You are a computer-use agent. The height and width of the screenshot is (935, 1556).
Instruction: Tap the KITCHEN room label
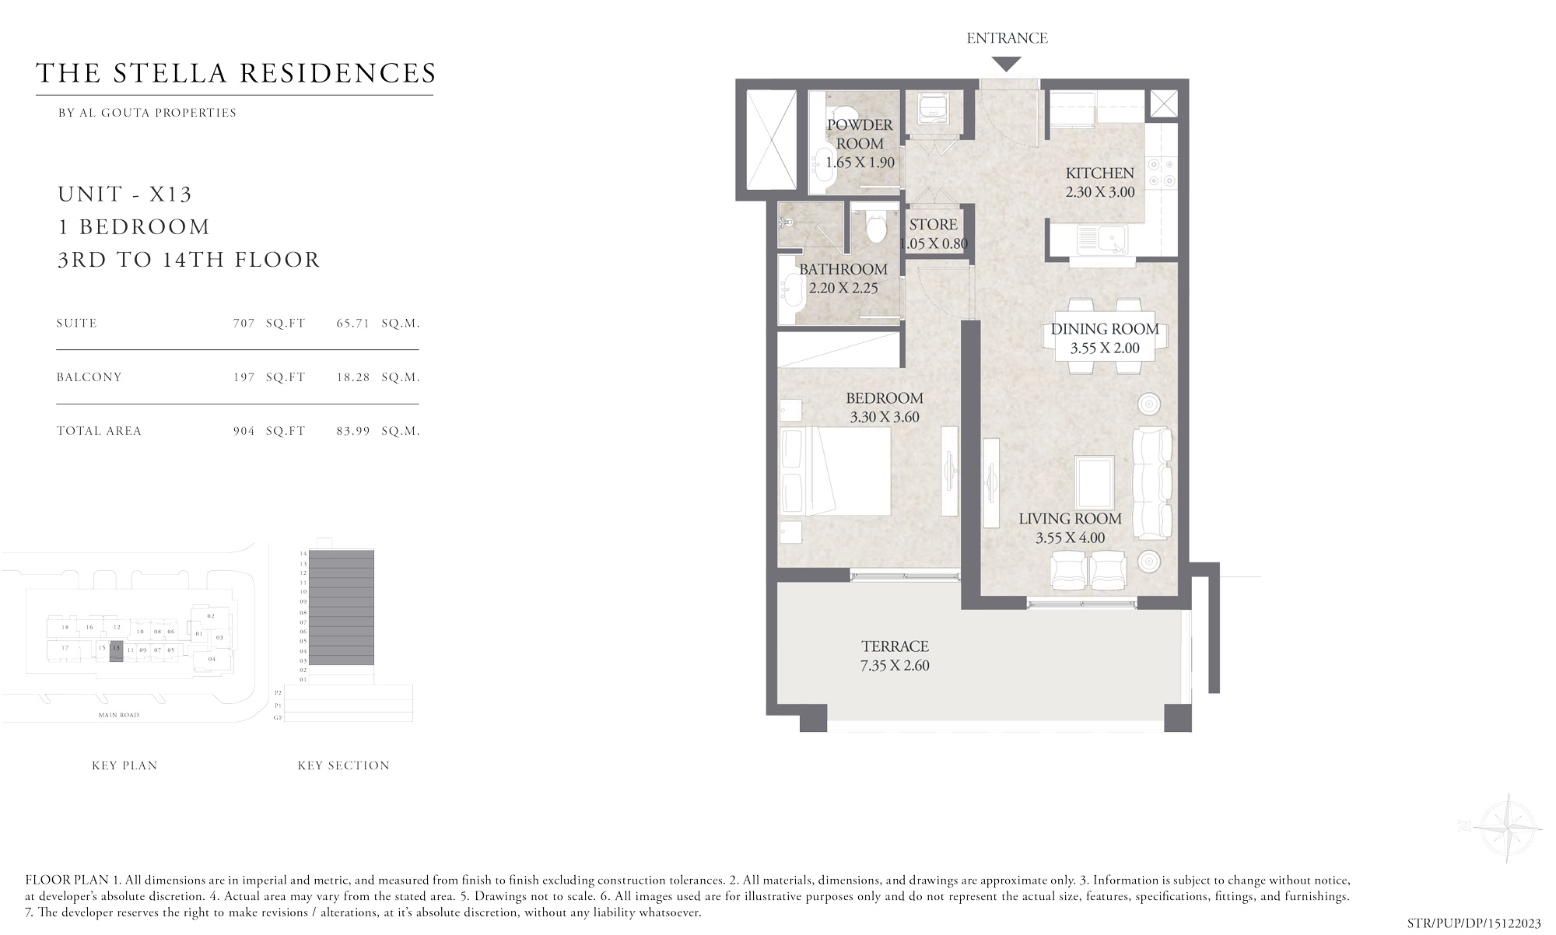click(1099, 173)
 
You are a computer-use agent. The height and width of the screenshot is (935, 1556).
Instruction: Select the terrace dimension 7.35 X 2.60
click(895, 665)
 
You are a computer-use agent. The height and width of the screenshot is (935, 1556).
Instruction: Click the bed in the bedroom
click(836, 470)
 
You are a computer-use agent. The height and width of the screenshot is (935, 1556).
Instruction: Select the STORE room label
click(933, 224)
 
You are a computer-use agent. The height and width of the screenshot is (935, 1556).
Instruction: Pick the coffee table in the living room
click(1094, 481)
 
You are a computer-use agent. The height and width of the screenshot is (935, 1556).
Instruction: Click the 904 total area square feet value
click(244, 431)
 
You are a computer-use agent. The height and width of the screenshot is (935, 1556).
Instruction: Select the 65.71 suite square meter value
click(352, 323)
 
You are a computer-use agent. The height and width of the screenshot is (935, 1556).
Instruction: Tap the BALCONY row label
click(89, 377)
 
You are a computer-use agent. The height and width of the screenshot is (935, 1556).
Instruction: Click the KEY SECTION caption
click(343, 765)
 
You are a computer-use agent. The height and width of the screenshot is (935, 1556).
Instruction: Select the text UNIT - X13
click(124, 194)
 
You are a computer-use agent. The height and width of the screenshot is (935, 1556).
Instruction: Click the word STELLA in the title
click(170, 73)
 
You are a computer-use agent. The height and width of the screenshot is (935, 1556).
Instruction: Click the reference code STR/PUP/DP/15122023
click(1474, 923)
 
